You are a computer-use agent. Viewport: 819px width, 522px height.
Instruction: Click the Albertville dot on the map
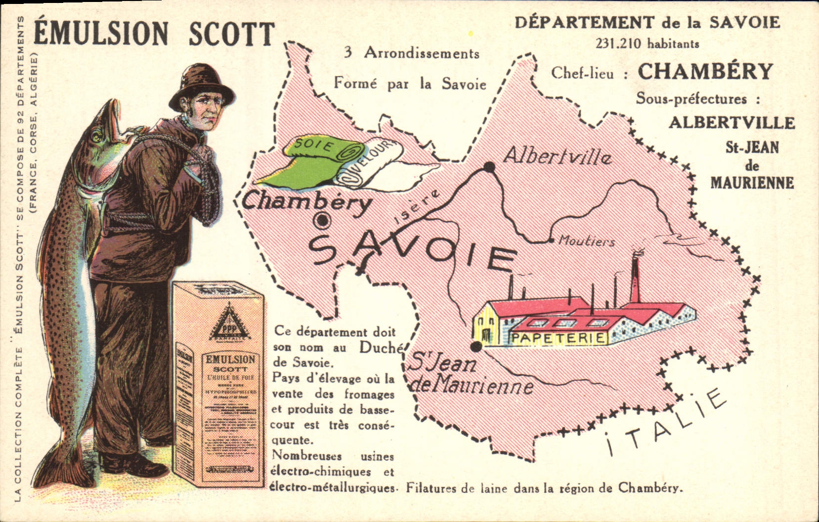point(489,168)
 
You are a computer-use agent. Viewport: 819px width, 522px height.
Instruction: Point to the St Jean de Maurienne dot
point(475,347)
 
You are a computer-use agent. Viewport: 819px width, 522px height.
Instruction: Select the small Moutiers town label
point(587,242)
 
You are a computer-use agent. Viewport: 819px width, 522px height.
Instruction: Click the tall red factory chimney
point(636,277)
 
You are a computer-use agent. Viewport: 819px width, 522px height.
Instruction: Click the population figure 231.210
point(618,44)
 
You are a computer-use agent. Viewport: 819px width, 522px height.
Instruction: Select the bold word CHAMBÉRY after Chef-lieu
point(705,72)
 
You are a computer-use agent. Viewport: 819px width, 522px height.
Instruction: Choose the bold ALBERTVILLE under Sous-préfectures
point(732,123)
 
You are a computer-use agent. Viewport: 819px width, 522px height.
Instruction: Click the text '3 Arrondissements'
point(412,53)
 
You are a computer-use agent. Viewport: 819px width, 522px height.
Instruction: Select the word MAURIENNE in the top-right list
point(752,183)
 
